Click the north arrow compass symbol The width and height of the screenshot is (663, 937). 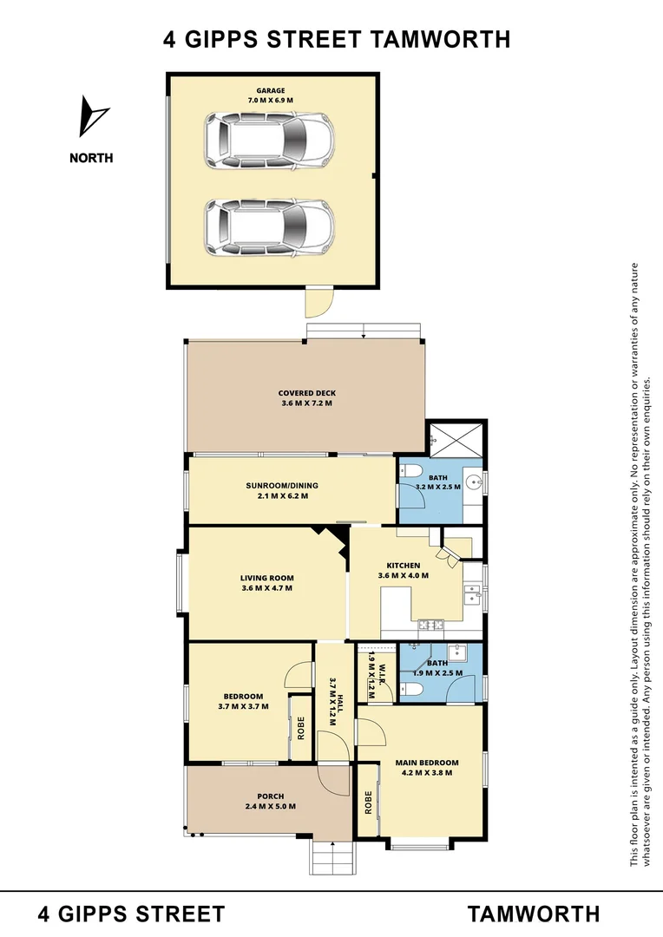pos(93,116)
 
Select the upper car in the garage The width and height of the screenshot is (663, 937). pos(269,142)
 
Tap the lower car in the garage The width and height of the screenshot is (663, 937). pos(269,227)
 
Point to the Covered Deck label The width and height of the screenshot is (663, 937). pos(306,393)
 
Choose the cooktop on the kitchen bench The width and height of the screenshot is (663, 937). pos(431,623)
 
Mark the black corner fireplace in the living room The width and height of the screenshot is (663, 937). pos(330,539)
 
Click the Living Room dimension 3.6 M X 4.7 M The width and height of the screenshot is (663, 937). pos(266,588)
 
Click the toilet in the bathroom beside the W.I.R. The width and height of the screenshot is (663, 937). pos(413,689)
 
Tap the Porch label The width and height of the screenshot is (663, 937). pos(270,796)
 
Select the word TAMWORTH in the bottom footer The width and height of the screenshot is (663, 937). pos(534,914)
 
